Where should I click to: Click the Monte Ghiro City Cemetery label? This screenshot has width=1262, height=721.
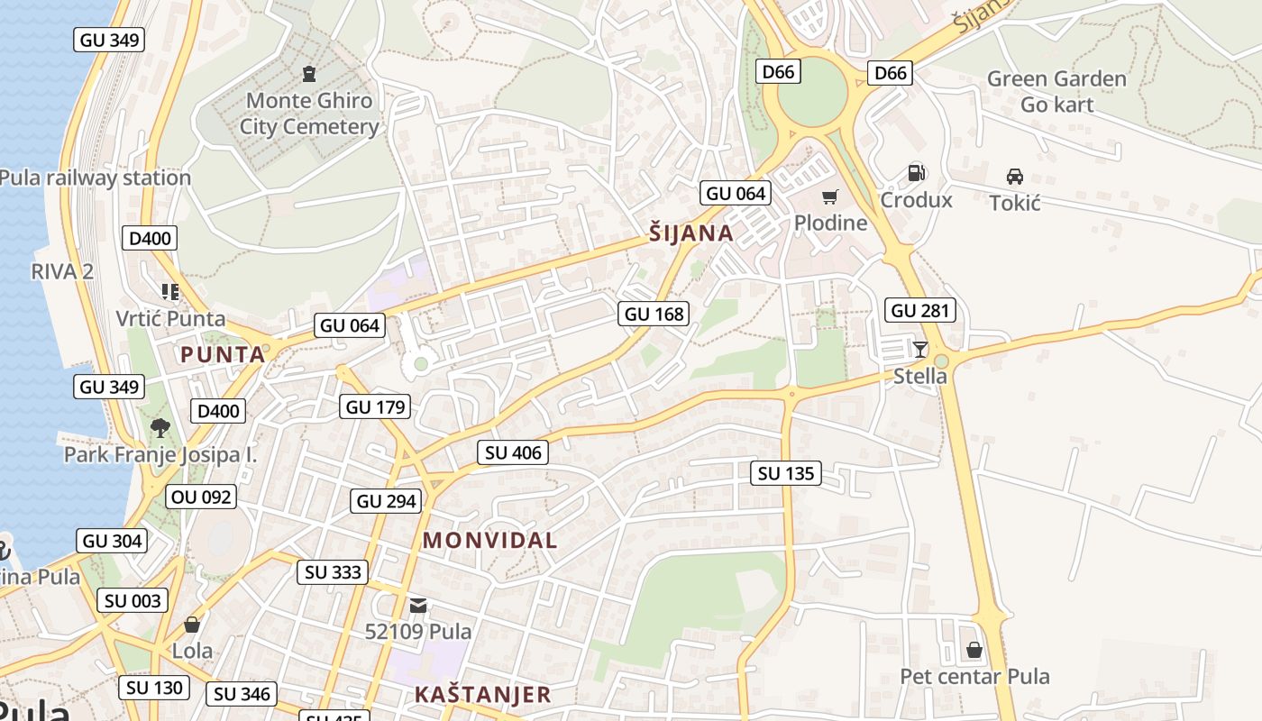(x=309, y=114)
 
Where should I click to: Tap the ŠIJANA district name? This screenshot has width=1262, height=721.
(x=690, y=233)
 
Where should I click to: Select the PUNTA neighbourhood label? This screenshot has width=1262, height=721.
(x=223, y=354)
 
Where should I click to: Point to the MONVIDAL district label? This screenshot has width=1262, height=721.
(x=489, y=541)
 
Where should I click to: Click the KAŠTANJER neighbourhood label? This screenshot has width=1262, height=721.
(x=482, y=695)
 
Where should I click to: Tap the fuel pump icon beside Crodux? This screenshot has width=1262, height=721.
(x=917, y=173)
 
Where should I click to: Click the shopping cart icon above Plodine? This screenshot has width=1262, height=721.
(x=829, y=196)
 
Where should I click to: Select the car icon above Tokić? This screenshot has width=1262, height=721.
(x=1014, y=177)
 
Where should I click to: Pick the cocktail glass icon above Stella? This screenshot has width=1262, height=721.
(x=919, y=350)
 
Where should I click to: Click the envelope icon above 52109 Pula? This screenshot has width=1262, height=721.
(x=418, y=605)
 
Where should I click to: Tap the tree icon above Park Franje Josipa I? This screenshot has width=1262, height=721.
(x=160, y=427)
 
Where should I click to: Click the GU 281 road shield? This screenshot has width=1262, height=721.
(x=920, y=311)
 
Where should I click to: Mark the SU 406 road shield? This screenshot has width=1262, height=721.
(x=514, y=452)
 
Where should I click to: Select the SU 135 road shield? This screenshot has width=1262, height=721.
(x=786, y=473)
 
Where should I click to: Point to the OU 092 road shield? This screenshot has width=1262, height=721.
(x=201, y=497)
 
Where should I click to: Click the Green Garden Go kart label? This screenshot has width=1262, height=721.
(x=1056, y=92)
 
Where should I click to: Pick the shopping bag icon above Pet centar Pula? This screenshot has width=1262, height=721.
(x=974, y=650)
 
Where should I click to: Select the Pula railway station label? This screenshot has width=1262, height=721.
(x=95, y=178)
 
